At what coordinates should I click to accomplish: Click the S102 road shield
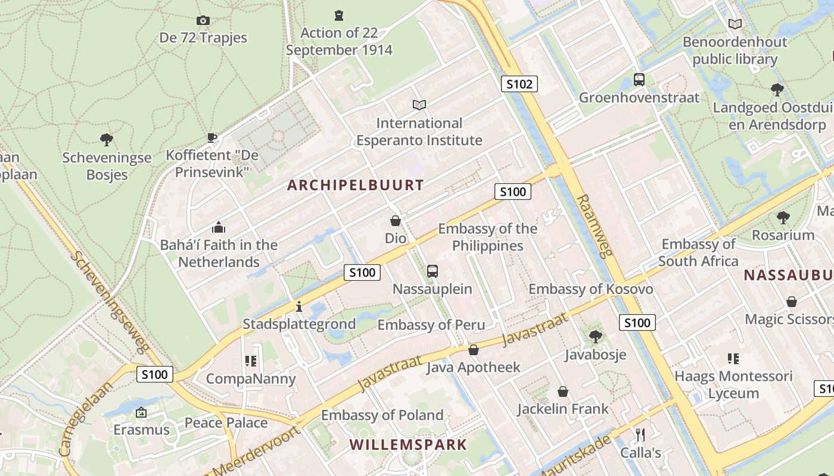point(519,84)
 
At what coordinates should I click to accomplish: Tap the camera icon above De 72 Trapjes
point(203,21)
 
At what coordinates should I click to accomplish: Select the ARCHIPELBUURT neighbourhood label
point(356,185)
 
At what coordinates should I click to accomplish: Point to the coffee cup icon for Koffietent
point(212,138)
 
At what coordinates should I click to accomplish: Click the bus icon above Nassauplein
point(432,271)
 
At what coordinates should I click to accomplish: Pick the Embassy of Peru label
point(431,325)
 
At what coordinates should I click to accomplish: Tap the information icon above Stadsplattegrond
point(299,306)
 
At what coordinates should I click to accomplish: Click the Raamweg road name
point(595,226)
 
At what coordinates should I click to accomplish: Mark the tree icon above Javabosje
point(595,337)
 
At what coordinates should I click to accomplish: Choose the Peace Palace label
point(226,423)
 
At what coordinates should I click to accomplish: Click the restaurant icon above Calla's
point(640,435)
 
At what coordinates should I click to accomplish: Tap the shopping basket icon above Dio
point(396,221)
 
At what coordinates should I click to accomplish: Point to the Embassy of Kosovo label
point(591,289)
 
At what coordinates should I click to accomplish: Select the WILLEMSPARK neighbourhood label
point(408,444)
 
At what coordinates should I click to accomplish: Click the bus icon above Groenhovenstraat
point(639,80)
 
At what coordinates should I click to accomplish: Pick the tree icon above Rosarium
point(783,218)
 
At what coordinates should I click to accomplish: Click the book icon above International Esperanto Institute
point(419,105)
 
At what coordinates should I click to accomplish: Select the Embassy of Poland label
point(382,415)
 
